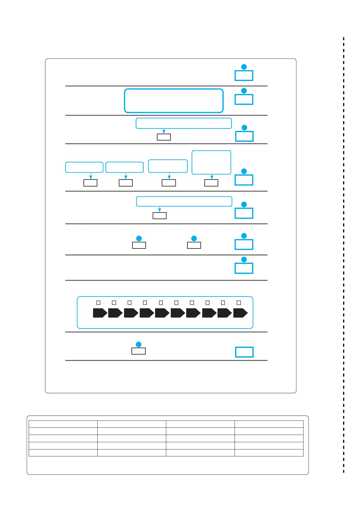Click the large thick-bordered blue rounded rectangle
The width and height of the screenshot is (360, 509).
pyautogui.click(x=174, y=101)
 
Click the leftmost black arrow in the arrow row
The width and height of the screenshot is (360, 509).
pyautogui.click(x=99, y=313)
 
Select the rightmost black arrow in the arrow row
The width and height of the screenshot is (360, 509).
pyautogui.click(x=240, y=313)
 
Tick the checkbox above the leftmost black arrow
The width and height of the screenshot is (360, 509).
pyautogui.click(x=98, y=303)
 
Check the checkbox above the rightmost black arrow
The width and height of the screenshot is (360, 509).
pyautogui.click(x=239, y=303)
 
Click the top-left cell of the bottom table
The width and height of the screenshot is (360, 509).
pyautogui.click(x=63, y=424)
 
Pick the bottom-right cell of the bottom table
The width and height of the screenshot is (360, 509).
pyautogui.click(x=269, y=452)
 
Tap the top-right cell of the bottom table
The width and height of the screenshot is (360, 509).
pyautogui.click(x=269, y=424)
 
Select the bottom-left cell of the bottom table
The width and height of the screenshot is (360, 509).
pyautogui.click(x=63, y=452)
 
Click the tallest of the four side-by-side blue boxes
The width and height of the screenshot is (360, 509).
pyautogui.click(x=211, y=162)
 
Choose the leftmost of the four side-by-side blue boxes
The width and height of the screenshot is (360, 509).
pyautogui.click(x=84, y=167)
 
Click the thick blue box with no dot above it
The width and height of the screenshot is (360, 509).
pyautogui.click(x=244, y=352)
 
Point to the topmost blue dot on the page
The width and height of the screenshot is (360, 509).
pyautogui.click(x=244, y=67)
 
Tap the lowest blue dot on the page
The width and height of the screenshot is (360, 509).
pyautogui.click(x=139, y=344)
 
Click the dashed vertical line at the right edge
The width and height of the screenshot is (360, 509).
pyautogui.click(x=344, y=254)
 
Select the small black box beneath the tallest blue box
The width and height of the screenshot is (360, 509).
pyautogui.click(x=211, y=183)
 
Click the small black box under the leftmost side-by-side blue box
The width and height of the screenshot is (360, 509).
pyautogui.click(x=90, y=183)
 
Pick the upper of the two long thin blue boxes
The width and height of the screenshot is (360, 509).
pyautogui.click(x=183, y=123)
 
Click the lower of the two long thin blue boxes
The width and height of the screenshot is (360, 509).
pyautogui.click(x=184, y=201)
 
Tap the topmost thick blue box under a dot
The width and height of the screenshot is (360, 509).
pyautogui.click(x=244, y=76)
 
